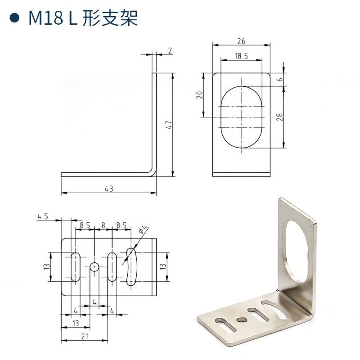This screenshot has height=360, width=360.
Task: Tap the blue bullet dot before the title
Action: point(15,18)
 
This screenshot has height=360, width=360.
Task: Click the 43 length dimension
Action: point(108,189)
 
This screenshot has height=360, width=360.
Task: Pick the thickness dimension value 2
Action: point(170,50)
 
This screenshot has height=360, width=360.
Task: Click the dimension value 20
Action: point(200,94)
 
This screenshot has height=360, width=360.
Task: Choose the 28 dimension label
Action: point(279,117)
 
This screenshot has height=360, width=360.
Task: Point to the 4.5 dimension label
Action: point(43,216)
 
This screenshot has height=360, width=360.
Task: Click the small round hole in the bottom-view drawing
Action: point(94,266)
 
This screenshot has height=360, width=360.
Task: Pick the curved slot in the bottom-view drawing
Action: point(131,266)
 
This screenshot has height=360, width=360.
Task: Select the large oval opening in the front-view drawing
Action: point(241,116)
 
